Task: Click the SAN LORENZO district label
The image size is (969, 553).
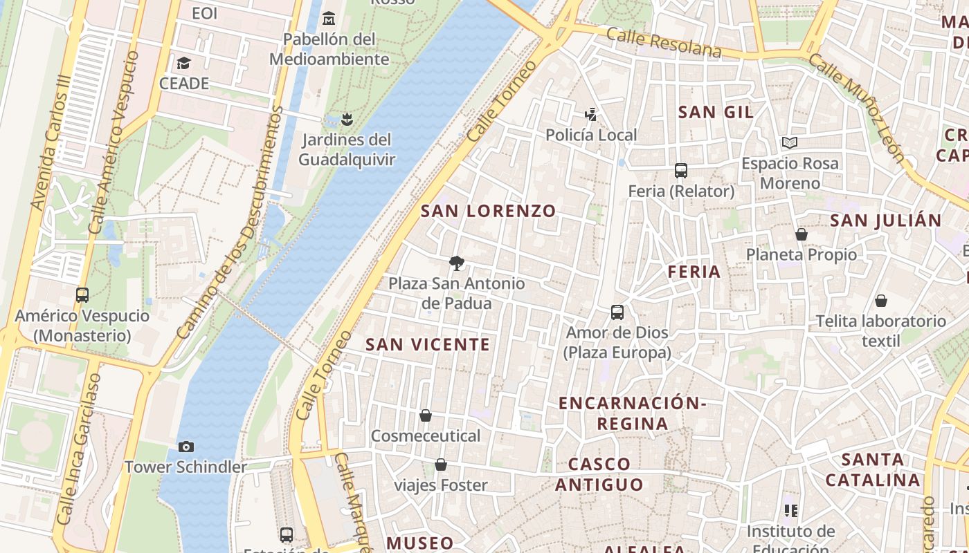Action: coord(488,211)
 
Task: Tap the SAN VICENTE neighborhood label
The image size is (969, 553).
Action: coord(428,344)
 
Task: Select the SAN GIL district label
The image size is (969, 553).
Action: coord(716,112)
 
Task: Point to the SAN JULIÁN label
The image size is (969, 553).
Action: coord(885,221)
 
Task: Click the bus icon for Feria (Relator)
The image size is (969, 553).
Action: coord(681,171)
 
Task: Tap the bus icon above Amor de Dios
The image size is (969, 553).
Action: coord(617,312)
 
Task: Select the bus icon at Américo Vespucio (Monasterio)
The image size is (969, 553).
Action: coord(82,295)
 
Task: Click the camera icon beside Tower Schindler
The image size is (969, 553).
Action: coord(185,447)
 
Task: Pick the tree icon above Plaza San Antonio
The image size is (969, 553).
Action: coord(456,263)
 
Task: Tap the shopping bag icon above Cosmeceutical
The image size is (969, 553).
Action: coord(426,415)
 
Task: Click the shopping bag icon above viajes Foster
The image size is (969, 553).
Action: coord(441,465)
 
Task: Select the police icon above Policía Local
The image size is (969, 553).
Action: coord(591,114)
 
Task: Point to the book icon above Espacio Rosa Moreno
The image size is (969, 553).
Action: coord(790,143)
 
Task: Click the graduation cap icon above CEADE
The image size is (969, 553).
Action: coord(183,64)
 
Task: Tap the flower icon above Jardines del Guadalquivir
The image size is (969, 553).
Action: coord(347,119)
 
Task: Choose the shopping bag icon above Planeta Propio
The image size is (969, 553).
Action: coord(802,234)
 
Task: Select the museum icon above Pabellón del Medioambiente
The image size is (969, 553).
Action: coord(329,18)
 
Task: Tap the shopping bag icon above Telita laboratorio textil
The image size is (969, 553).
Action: coord(881,301)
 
